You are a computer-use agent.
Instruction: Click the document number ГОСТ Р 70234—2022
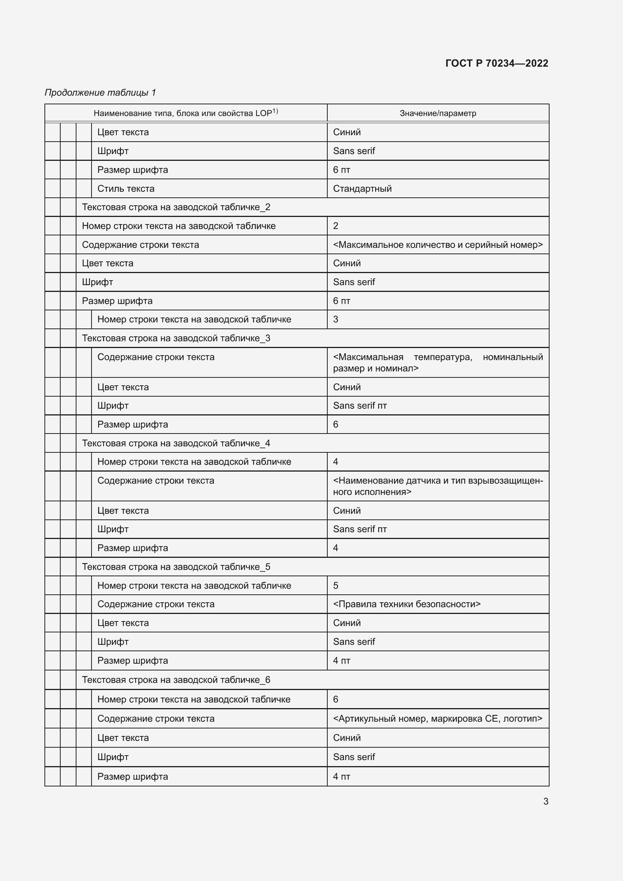(496, 63)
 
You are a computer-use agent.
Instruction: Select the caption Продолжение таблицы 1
(101, 93)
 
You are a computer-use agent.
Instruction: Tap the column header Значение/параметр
(438, 113)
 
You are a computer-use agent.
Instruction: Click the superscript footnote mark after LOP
(275, 111)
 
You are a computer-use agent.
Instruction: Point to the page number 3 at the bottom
(545, 801)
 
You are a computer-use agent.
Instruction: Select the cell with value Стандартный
(362, 189)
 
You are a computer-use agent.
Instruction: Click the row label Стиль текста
(126, 189)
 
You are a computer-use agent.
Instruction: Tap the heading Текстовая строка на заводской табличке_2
(176, 207)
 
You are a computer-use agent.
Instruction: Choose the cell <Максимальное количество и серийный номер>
(438, 245)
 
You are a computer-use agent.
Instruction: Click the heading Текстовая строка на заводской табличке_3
(176, 338)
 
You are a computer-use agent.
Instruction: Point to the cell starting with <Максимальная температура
(438, 363)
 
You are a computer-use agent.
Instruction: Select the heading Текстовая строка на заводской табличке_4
(176, 443)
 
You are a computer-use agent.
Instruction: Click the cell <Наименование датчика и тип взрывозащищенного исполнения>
(438, 486)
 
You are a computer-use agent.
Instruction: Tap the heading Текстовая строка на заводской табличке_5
(176, 567)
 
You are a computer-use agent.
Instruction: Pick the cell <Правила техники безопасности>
(407, 604)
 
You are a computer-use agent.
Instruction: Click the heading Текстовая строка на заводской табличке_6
(176, 679)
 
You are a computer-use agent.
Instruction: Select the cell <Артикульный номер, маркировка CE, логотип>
(438, 718)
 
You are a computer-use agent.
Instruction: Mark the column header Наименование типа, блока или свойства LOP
(183, 113)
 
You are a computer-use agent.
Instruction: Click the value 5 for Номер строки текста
(336, 586)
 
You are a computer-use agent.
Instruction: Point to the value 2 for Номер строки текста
(336, 226)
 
